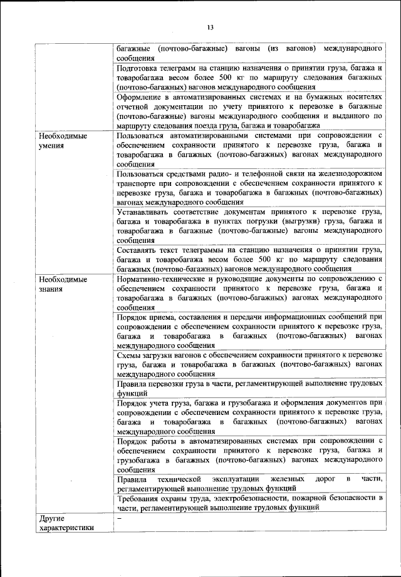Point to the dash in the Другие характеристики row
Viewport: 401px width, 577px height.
pyautogui.click(x=119, y=518)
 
